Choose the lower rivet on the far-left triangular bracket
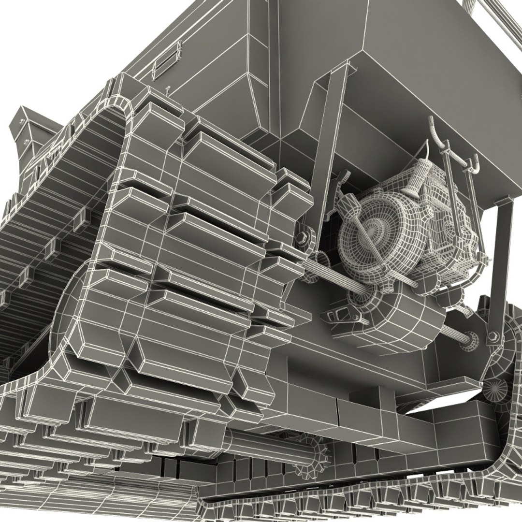(25, 141)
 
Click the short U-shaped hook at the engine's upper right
(474, 164)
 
